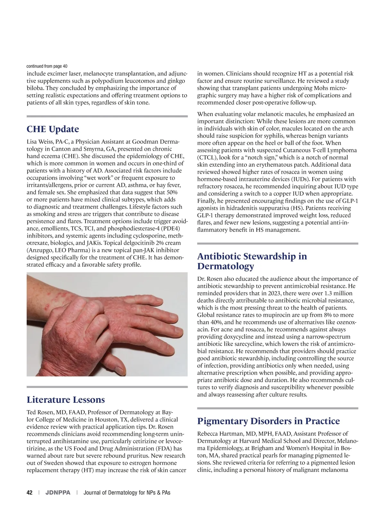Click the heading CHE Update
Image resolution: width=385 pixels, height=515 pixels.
[53, 129]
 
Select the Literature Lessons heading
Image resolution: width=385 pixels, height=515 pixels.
[66, 400]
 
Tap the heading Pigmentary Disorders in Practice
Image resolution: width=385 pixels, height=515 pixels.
[269, 421]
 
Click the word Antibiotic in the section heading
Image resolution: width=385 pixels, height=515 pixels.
[218, 256]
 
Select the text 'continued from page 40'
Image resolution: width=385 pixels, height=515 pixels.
[47, 66]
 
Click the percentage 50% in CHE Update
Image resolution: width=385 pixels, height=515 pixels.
[171, 192]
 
